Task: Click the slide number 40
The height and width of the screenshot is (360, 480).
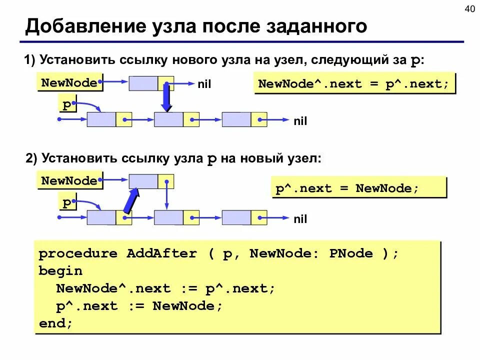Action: [x=470, y=9]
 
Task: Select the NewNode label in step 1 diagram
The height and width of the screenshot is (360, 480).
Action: [x=69, y=82]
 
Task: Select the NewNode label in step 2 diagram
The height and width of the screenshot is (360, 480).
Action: [x=69, y=180]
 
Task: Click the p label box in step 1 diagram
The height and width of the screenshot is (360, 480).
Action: [x=67, y=105]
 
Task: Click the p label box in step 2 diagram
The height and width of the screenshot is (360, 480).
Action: [x=67, y=203]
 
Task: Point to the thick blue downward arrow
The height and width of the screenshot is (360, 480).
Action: [x=167, y=97]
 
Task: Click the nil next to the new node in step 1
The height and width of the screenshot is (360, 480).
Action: [x=204, y=85]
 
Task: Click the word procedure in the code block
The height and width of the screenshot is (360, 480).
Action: [x=78, y=253]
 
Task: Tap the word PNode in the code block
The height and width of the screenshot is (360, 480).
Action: [x=351, y=253]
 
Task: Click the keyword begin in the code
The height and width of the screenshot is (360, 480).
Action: [x=60, y=271]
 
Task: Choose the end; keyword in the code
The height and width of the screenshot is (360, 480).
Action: [x=56, y=323]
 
